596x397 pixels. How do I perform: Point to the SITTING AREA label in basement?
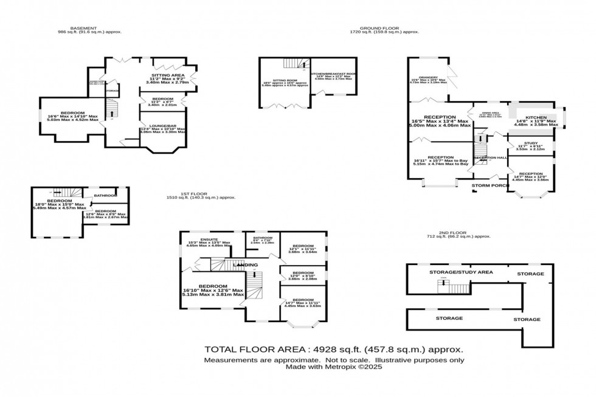[x=168, y=75]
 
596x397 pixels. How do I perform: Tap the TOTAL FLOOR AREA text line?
[x=334, y=350]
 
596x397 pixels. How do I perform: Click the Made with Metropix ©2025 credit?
[x=334, y=367]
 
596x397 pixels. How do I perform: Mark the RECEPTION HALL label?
[x=490, y=158]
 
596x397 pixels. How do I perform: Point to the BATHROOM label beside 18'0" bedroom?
[x=105, y=195]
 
